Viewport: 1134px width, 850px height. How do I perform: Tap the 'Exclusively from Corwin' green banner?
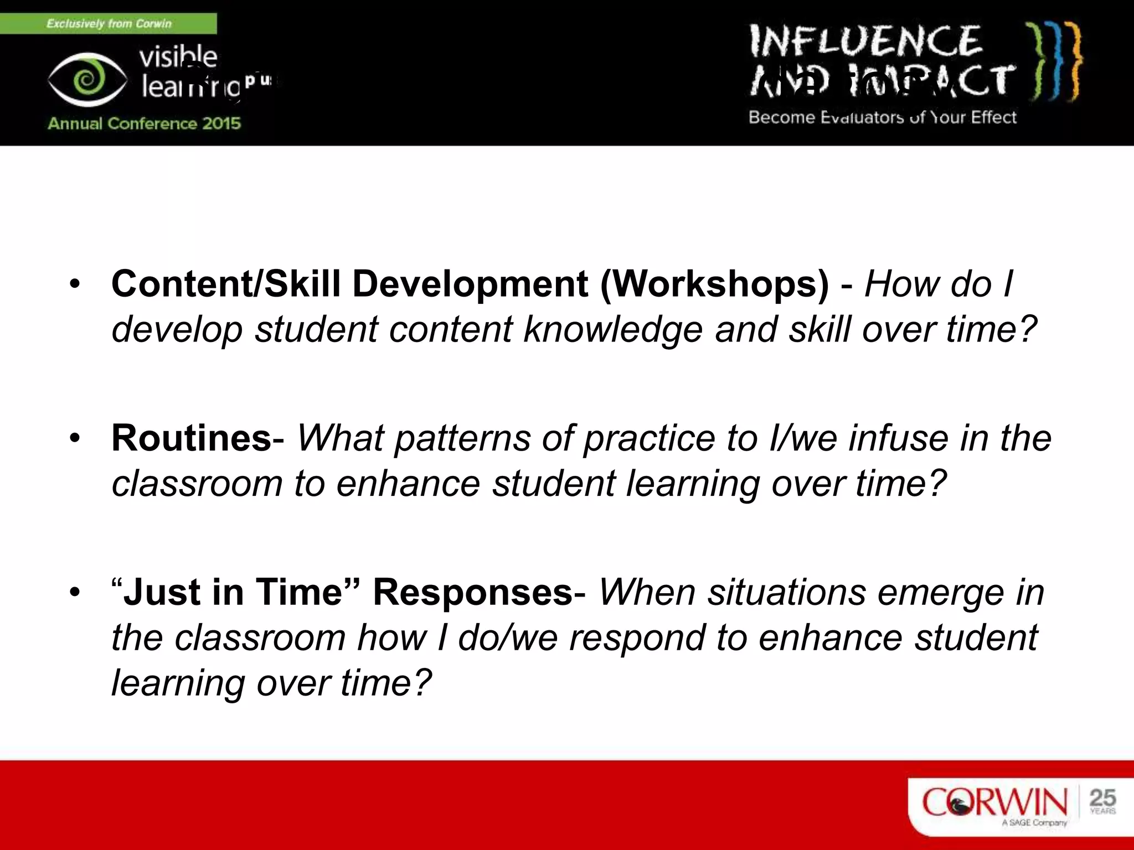click(109, 24)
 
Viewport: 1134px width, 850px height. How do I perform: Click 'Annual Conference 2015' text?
click(144, 123)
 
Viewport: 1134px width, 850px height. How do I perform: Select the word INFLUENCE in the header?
click(865, 41)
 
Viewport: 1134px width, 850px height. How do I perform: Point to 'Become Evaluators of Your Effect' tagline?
click(882, 117)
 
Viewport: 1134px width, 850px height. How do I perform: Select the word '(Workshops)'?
click(715, 284)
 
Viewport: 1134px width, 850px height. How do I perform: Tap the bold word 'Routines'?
click(191, 438)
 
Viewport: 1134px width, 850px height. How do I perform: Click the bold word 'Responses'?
click(472, 592)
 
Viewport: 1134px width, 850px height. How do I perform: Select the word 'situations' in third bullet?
click(787, 592)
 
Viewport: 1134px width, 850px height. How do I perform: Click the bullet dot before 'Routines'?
click(75, 438)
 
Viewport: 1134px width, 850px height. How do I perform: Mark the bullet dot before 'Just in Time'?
click(75, 593)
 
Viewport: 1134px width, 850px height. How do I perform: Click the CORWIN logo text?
click(994, 802)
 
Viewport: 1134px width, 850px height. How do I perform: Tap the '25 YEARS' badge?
click(1102, 801)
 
